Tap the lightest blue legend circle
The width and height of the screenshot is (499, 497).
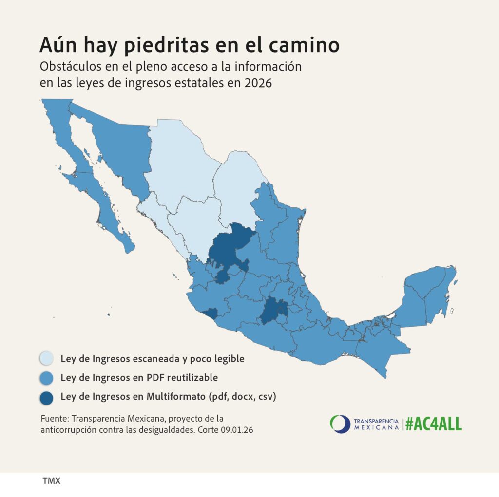pos(47,359)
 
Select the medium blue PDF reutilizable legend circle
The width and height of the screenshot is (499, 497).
pos(47,378)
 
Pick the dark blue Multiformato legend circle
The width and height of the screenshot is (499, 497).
pos(47,397)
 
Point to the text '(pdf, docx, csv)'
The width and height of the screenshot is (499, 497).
pos(242,396)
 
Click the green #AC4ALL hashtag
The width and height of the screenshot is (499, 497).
pos(433,423)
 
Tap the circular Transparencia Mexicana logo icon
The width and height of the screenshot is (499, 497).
pos(340,423)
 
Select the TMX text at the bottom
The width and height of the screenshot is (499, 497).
pos(51,480)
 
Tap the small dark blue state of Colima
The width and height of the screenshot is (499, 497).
pos(210,313)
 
